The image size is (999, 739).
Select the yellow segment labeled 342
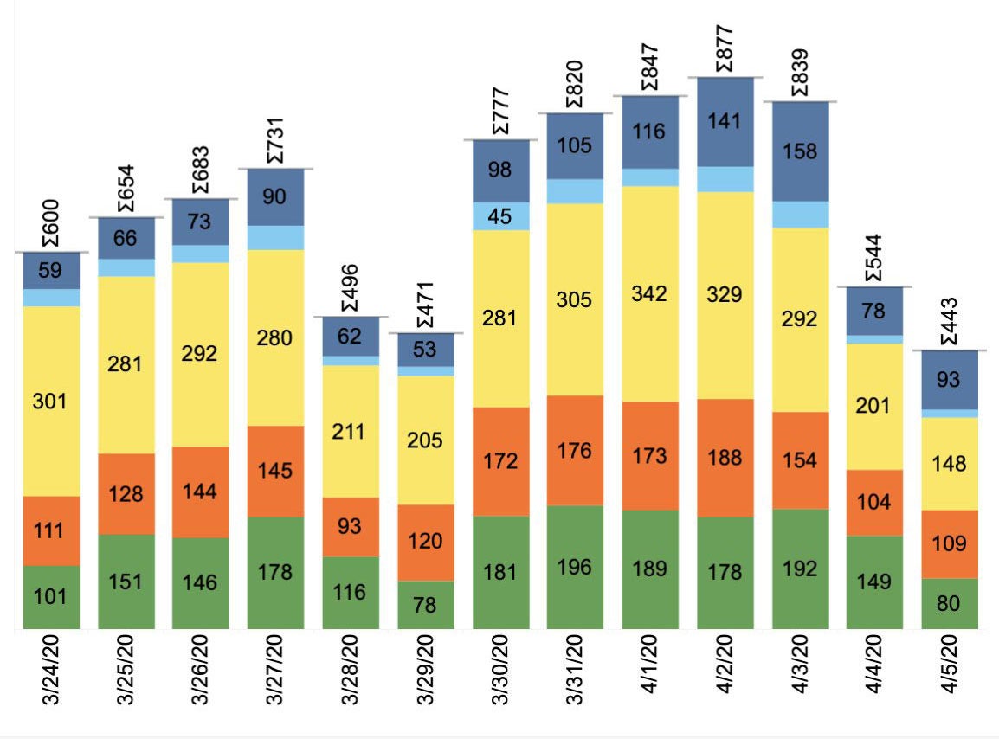click(650, 293)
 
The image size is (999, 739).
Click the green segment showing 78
click(425, 604)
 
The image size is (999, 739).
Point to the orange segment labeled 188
click(725, 457)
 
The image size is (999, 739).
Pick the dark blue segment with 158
click(799, 151)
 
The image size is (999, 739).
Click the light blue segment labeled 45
click(500, 216)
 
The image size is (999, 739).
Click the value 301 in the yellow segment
click(51, 402)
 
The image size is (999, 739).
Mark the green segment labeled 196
click(575, 567)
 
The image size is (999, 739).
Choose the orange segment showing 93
click(351, 526)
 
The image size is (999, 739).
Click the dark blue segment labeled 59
click(51, 270)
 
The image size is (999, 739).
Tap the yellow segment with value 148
click(949, 464)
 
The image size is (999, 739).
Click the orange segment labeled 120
click(425, 542)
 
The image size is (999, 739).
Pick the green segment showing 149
click(874, 582)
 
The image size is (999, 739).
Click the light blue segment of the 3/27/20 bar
click(275, 238)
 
